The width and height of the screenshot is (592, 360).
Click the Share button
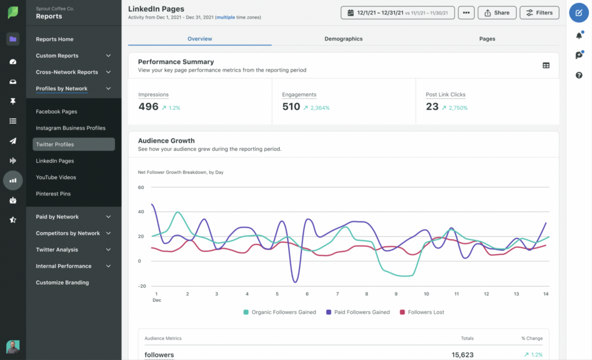click(x=497, y=13)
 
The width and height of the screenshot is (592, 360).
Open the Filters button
click(x=539, y=13)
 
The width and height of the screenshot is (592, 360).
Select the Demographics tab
click(x=343, y=39)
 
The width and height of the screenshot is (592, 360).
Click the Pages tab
click(x=487, y=39)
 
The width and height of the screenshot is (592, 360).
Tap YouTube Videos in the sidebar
click(x=56, y=177)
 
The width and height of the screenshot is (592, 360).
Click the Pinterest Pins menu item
click(x=53, y=194)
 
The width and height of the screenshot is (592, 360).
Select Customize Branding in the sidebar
click(x=62, y=283)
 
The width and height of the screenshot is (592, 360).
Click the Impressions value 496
click(x=148, y=107)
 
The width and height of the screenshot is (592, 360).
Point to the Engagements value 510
click(x=291, y=107)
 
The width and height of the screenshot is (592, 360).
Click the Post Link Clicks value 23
click(x=432, y=107)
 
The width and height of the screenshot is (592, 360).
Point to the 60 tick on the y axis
click(x=140, y=187)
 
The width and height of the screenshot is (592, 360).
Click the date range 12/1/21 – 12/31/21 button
click(x=397, y=13)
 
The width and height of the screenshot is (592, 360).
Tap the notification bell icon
click(x=579, y=36)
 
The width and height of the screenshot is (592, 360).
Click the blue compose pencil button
click(x=579, y=13)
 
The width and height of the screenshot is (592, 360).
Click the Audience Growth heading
click(x=166, y=140)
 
